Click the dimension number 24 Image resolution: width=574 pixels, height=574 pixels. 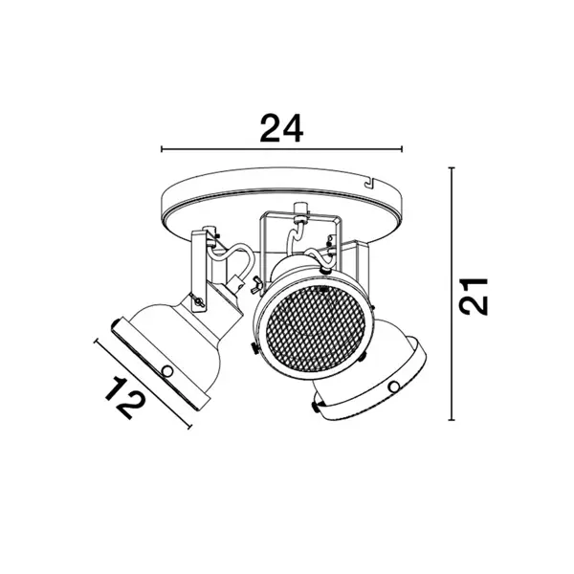point(281,128)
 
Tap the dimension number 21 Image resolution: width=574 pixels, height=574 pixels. point(474,297)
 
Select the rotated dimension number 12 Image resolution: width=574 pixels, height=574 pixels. point(125,398)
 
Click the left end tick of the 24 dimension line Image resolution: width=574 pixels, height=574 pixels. point(162,148)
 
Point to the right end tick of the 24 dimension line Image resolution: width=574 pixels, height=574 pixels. point(402,148)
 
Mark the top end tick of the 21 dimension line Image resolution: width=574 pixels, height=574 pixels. point(452,168)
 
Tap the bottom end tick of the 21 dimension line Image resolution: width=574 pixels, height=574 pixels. point(452,420)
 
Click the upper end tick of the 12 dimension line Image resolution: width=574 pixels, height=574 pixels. point(97,342)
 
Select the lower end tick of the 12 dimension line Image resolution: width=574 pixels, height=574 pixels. point(189,427)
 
